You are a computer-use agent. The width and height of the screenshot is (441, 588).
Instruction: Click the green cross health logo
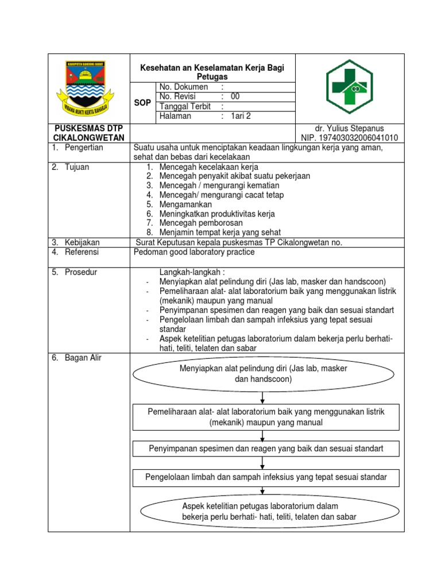point(349,87)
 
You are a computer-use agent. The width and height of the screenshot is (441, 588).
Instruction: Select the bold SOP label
point(143,102)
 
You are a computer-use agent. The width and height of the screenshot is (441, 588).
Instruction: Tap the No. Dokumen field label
point(184,87)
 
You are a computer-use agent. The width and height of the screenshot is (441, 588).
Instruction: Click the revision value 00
point(235,96)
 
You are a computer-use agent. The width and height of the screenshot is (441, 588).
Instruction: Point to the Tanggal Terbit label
point(185,106)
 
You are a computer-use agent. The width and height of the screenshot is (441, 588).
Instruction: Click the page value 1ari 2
point(241,116)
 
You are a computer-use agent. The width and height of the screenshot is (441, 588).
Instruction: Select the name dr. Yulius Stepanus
point(349,128)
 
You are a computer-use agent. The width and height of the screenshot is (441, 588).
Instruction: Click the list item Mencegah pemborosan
point(201,223)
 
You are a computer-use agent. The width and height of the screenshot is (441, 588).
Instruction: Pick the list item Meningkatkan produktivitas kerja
point(217,214)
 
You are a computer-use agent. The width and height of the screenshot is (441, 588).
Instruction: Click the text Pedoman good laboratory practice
point(194,252)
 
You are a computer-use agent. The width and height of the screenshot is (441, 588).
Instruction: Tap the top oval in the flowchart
point(263,374)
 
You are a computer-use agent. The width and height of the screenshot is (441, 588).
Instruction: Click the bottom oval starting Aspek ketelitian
point(269,511)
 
